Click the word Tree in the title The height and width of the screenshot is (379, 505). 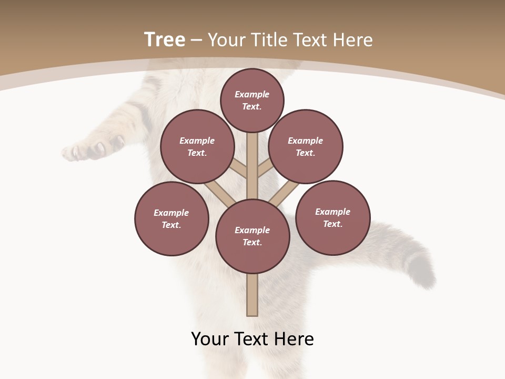[165, 40]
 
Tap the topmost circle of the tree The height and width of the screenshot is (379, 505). [252, 100]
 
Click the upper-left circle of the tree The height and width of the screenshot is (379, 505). [197, 146]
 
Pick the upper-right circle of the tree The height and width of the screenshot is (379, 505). [306, 146]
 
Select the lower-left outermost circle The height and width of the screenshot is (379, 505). [171, 218]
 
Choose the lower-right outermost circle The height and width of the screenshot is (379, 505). [333, 217]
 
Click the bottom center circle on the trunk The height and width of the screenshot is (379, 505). [252, 236]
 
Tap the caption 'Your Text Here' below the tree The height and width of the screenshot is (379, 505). [252, 339]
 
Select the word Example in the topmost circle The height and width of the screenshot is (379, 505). [252, 95]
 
